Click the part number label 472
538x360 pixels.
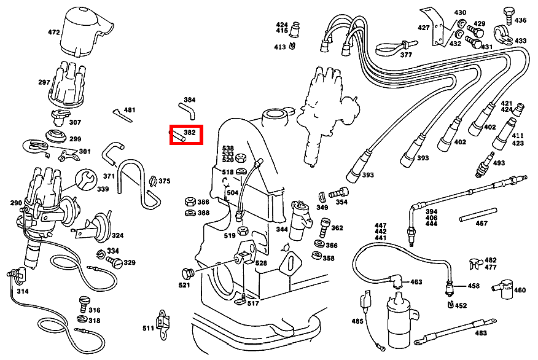click(53, 31)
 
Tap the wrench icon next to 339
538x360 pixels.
click(85, 179)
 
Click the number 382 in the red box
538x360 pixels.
click(190, 132)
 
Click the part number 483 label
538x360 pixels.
click(481, 333)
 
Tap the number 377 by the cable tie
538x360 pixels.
click(406, 55)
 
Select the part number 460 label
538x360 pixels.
click(520, 290)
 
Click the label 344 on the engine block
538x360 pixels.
click(281, 229)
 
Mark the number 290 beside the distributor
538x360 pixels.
click(16, 203)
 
